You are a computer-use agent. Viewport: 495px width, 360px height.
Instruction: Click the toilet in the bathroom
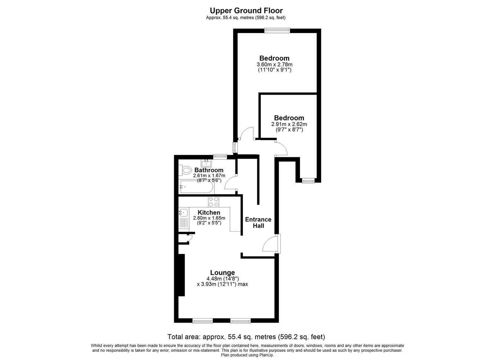point(185,170)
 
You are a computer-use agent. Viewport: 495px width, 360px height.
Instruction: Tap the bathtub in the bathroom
point(196,187)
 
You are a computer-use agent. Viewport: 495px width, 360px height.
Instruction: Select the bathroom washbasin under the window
point(206,163)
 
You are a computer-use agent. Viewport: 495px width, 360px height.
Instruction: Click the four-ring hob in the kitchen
point(213,202)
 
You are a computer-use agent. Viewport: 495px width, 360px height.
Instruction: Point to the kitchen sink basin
point(184,213)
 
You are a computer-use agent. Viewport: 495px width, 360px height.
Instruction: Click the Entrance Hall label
point(258,223)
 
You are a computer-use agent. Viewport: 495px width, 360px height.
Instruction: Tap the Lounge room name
point(222,272)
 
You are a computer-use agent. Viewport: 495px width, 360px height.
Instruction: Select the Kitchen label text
point(209,212)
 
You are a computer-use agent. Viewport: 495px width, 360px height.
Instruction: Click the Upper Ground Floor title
point(246,10)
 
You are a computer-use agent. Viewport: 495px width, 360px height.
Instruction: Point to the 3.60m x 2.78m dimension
point(275,65)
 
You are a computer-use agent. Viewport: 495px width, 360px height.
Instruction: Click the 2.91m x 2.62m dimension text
point(289,124)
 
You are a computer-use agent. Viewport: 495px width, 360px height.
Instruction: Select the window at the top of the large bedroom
point(277,30)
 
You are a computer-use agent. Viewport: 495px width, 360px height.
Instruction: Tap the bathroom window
point(220,157)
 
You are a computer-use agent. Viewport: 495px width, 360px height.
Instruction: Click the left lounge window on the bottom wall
point(202,321)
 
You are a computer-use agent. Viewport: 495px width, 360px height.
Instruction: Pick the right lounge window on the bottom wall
point(241,321)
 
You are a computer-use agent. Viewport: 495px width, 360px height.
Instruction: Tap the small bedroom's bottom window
point(308,181)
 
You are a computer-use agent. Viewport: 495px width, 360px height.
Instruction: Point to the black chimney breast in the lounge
point(181,275)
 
